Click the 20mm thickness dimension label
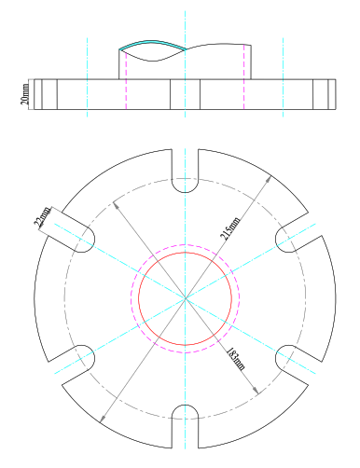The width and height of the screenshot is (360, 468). (25, 94)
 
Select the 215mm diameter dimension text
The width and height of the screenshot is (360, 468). (230, 228)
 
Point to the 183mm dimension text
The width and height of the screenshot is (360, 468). (235, 359)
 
